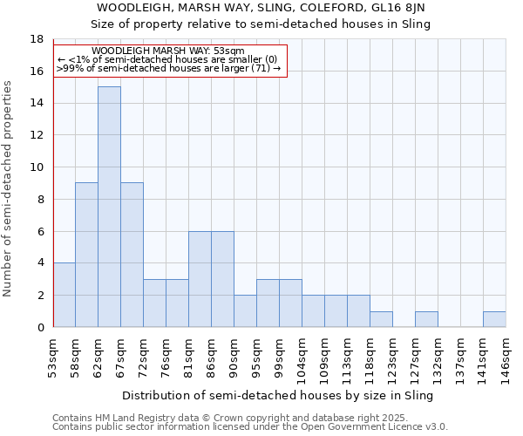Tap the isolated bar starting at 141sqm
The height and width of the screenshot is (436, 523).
pos(494,319)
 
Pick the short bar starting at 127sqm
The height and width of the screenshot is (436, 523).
pos(426,319)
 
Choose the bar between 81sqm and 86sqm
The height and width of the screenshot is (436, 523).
pos(200,279)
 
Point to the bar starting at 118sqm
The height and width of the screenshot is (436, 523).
pos(381,319)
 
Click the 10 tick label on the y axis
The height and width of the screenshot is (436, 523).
pos(37,167)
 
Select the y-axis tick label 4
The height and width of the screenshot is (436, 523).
pos(40,263)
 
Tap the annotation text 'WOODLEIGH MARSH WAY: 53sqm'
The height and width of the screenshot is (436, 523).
pos(167,51)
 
